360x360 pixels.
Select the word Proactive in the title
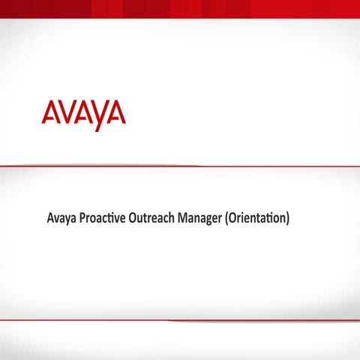[x=101, y=220]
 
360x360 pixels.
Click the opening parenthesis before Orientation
[x=228, y=220]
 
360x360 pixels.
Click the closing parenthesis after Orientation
[x=287, y=220]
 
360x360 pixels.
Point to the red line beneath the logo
[x=180, y=166]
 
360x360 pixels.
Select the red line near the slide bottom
[x=180, y=320]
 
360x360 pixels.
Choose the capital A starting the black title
[x=50, y=220]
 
